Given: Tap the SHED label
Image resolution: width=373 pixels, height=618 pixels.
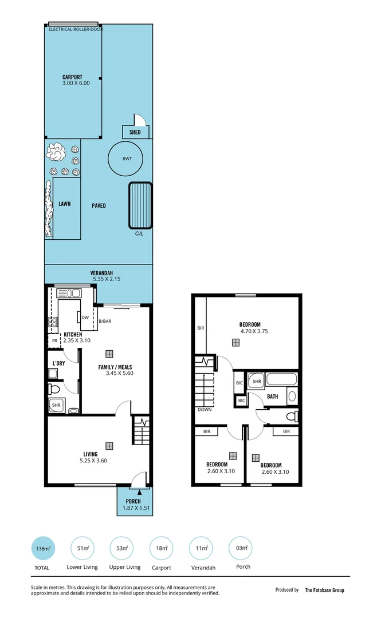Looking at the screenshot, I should [x=135, y=132].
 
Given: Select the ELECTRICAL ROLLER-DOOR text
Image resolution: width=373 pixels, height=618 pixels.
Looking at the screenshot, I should [x=76, y=29].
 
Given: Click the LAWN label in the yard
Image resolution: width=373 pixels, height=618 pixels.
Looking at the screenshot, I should [x=65, y=204].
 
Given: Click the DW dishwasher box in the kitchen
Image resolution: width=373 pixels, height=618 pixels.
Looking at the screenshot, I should [x=85, y=318].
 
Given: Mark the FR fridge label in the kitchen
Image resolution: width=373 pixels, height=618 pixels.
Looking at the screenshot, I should [x=55, y=340].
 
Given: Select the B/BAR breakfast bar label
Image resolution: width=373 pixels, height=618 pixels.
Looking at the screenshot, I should [x=105, y=322].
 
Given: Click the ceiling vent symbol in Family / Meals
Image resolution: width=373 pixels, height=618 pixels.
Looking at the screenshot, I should [x=109, y=354].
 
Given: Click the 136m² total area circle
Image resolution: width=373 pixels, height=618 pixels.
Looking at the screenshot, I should [x=42, y=548].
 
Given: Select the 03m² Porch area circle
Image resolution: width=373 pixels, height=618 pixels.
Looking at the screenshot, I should [x=240, y=548].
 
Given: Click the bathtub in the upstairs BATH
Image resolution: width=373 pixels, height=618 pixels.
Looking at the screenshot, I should [x=281, y=379].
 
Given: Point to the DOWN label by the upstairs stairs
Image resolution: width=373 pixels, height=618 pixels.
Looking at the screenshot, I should [x=204, y=410].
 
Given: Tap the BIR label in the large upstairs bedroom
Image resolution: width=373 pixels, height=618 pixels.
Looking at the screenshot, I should [x=201, y=328].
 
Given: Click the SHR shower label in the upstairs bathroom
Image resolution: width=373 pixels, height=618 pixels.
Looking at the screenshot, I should [x=257, y=381].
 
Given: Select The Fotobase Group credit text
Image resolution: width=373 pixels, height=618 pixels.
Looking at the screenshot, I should [x=324, y=590].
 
